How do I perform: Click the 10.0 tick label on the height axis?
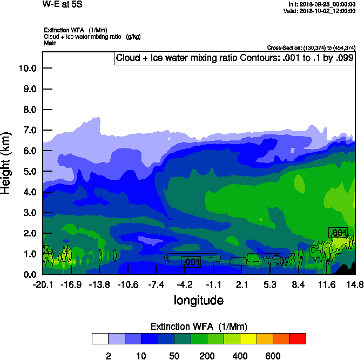(27, 69)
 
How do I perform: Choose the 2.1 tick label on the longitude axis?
(241, 284)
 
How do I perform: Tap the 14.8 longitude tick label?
(355, 284)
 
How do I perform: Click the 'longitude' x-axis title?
(199, 300)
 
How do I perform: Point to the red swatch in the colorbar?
(298, 338)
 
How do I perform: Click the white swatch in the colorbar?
(100, 338)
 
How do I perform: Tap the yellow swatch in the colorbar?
(248, 338)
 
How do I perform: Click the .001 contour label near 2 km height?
(338, 233)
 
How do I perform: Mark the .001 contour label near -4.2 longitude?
(191, 262)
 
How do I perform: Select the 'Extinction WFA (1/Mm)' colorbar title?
(199, 326)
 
